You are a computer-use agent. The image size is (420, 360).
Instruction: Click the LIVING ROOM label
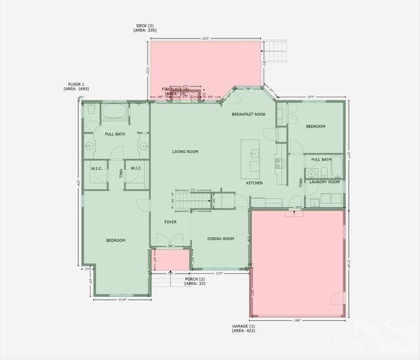click(x=185, y=151)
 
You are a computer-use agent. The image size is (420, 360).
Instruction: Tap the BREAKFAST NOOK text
click(x=248, y=114)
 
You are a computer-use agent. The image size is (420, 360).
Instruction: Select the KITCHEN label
click(x=255, y=183)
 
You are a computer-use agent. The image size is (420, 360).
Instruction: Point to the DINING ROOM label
click(x=221, y=238)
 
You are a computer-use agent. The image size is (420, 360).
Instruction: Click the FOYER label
click(x=170, y=222)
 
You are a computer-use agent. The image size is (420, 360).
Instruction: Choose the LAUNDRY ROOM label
click(x=324, y=181)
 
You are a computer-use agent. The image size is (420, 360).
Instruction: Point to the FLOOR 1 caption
click(x=76, y=84)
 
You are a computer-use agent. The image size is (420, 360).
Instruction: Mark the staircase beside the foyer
click(x=184, y=200)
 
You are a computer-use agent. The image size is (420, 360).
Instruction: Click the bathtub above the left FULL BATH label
click(x=115, y=113)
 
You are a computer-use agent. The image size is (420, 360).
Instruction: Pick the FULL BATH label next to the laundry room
click(x=321, y=159)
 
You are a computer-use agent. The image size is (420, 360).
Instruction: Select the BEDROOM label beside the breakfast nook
click(x=315, y=127)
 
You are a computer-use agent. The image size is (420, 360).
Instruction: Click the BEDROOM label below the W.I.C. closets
click(x=115, y=240)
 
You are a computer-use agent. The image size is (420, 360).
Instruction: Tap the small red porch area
click(x=169, y=259)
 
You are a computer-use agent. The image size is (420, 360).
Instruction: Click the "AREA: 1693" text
click(x=76, y=88)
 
